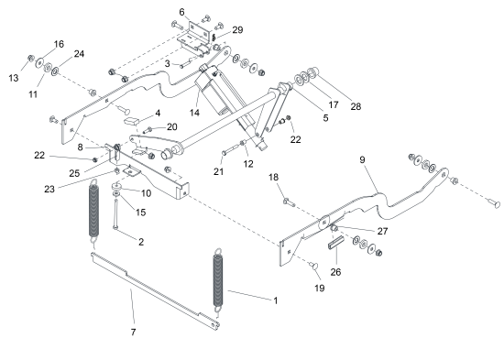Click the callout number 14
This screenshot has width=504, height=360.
tap(194, 113)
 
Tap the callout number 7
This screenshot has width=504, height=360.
tap(134, 332)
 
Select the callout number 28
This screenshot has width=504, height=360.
tap(356, 106)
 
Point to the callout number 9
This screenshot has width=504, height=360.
tap(362, 159)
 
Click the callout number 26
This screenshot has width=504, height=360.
tap(335, 272)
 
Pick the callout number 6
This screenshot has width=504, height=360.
tap(182, 12)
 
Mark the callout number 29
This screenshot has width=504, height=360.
tap(237, 30)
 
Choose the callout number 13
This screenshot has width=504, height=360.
tap(14, 78)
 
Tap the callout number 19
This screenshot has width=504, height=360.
tap(319, 288)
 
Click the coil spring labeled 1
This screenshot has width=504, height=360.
tap(218, 280)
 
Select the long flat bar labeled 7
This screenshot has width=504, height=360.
tap(155, 290)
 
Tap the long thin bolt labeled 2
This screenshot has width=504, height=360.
tap(115, 214)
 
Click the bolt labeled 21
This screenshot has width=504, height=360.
tap(230, 150)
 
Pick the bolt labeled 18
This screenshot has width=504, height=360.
tap(289, 202)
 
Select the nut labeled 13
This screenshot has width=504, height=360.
tap(31, 59)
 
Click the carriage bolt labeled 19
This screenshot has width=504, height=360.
tap(313, 266)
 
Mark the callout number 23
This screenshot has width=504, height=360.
tap(49, 189)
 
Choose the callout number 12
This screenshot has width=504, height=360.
tap(248, 164)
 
